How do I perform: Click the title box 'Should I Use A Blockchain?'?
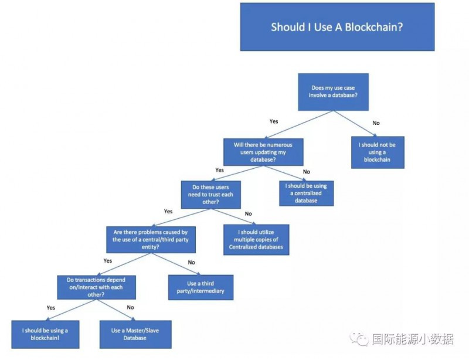tap(337, 27)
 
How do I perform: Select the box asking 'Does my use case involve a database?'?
tap(332, 91)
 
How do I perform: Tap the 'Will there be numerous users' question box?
tap(263, 151)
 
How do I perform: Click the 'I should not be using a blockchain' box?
tap(377, 151)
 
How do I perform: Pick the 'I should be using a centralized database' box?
tap(306, 193)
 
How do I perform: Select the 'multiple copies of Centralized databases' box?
tap(256, 239)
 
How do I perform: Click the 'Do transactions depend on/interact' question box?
tap(96, 287)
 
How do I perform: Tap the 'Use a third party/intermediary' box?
tap(200, 287)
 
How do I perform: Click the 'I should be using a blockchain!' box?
tap(45, 334)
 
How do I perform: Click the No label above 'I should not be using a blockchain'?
tap(376, 123)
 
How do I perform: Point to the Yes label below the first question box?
tap(274, 121)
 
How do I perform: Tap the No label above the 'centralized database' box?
tap(306, 171)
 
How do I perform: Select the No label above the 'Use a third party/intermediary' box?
tap(191, 262)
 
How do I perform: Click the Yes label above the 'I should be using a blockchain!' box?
tap(50, 307)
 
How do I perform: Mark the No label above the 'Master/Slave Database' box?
tap(130, 308)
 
